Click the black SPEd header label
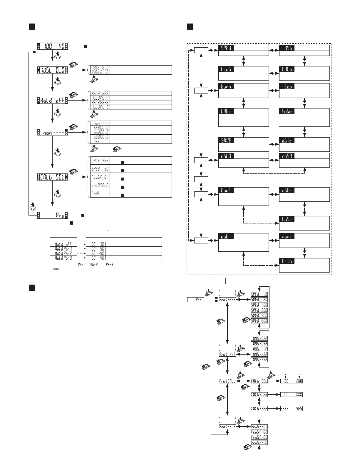tap(226, 48)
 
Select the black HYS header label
tap(287, 48)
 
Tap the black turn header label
tap(226, 86)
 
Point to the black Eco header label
tap(287, 86)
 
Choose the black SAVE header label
tap(226, 140)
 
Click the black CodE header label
tap(226, 190)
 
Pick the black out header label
tap(226, 236)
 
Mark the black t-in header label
tap(287, 261)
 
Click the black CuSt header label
tap(287, 219)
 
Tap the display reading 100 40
tap(52, 46)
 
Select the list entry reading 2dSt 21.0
tap(100, 72)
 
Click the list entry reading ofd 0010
tap(100, 128)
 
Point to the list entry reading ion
tap(100, 141)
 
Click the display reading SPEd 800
tap(259, 321)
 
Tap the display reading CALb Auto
tap(259, 395)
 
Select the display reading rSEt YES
tap(292, 408)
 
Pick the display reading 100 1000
tap(292, 395)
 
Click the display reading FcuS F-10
tap(259, 442)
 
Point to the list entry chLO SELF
tap(100, 185)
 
